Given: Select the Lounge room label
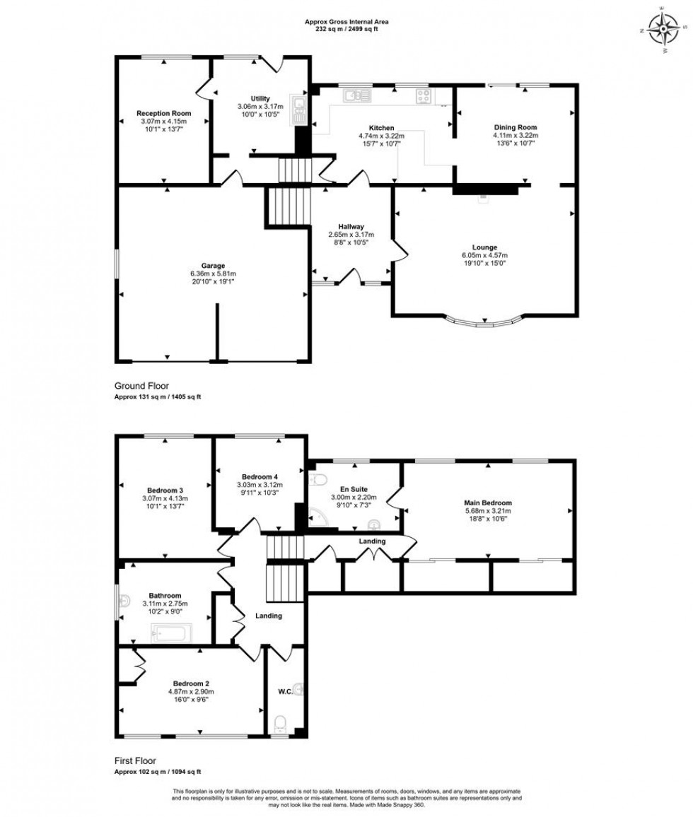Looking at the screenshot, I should click(484, 247).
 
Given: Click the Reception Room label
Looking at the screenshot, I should click(163, 113).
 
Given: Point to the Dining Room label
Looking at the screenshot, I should click(516, 127).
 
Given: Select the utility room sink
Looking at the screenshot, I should click(300, 110).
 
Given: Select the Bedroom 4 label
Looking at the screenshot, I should click(260, 476).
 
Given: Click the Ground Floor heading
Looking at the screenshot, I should click(141, 386).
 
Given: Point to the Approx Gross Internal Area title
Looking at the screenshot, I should click(346, 22).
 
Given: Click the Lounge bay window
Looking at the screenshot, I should click(484, 323).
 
